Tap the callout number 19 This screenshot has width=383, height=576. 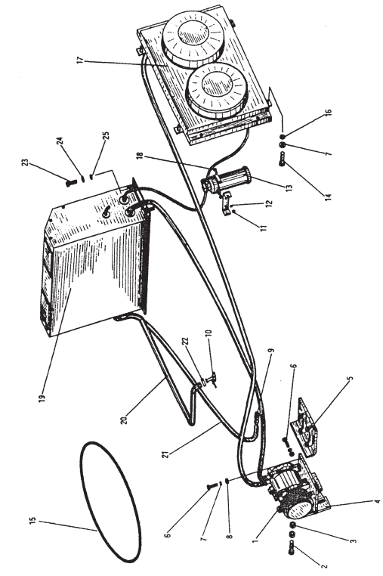(x=42, y=397)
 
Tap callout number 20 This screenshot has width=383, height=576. (x=124, y=419)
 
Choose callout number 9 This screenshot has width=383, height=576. (x=271, y=351)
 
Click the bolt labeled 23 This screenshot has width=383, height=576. (x=68, y=182)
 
